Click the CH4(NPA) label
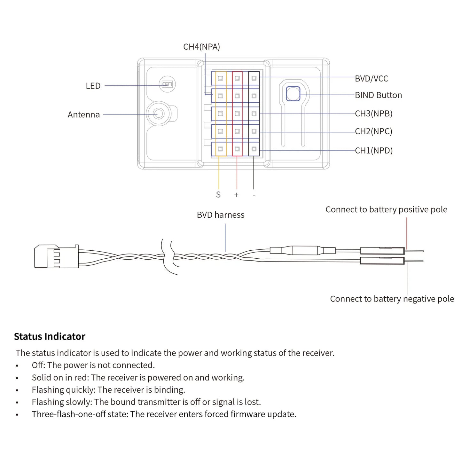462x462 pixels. (201, 47)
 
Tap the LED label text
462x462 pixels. (93, 86)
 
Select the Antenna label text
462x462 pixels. (84, 114)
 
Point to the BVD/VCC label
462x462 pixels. (372, 79)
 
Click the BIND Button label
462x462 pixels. (378, 95)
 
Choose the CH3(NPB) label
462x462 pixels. (373, 114)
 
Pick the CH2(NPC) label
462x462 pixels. (373, 131)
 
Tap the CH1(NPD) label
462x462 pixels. (374, 151)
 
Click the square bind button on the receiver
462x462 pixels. (293, 94)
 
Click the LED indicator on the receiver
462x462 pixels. (167, 84)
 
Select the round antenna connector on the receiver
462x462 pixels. (159, 114)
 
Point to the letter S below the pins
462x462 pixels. (218, 195)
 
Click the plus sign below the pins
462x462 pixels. (236, 195)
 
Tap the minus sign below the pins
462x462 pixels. (254, 195)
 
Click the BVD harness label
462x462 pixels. (220, 215)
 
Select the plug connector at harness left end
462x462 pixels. (56, 256)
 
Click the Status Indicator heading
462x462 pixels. (50, 336)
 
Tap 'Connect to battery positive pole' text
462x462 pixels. (386, 209)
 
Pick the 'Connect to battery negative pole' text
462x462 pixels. (392, 299)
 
